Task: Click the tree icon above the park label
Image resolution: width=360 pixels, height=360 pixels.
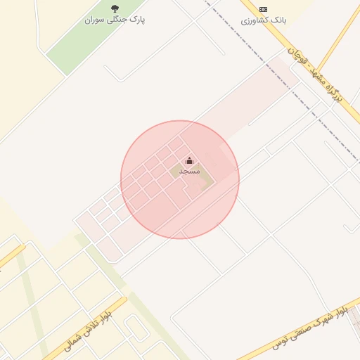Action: click(115, 9)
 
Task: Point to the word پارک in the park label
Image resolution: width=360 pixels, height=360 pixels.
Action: click(137, 20)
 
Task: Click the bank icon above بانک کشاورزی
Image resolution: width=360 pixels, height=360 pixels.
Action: click(263, 9)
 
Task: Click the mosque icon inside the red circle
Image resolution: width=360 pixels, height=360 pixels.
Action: click(189, 162)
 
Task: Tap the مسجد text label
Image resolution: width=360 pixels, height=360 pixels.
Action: click(189, 172)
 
